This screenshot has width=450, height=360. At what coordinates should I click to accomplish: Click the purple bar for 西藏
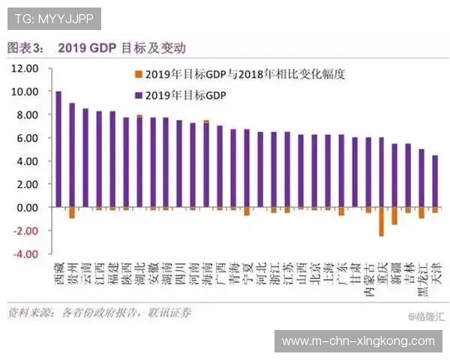[58, 149]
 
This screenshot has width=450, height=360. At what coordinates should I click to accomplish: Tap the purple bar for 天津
[435, 181]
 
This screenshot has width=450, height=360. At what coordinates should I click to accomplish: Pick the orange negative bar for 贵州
[72, 212]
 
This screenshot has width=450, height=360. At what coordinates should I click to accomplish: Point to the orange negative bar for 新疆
[394, 216]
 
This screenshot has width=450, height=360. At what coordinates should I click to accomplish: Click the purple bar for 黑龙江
[421, 178]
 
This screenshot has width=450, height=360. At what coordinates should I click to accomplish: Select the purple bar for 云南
[85, 157]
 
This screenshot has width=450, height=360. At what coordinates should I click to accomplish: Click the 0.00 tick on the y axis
[26, 207]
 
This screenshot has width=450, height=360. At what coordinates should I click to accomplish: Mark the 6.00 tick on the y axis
[26, 138]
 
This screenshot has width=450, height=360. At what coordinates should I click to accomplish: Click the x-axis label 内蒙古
[367, 279]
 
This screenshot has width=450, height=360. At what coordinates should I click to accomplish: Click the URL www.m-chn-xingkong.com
[358, 340]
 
